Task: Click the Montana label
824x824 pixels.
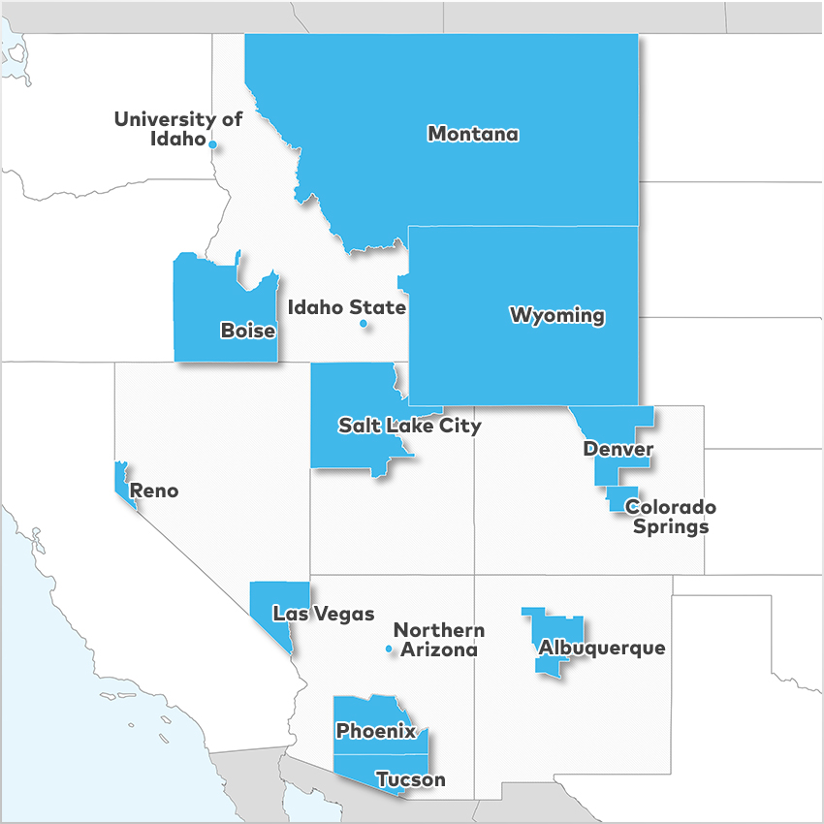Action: [x=473, y=134]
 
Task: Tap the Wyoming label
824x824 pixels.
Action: [x=557, y=315]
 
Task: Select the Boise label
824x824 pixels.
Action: [x=248, y=331]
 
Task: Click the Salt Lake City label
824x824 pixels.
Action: [x=409, y=425]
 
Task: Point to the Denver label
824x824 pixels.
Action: [x=618, y=449]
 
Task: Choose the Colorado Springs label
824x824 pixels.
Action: [x=670, y=517]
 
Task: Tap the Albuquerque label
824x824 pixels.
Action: [x=602, y=648]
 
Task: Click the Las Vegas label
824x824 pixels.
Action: [x=323, y=613]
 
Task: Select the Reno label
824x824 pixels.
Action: [x=154, y=491]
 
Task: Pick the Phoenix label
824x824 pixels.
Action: [x=376, y=731]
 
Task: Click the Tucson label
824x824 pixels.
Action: [x=410, y=779]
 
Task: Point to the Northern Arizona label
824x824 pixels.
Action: [x=438, y=640]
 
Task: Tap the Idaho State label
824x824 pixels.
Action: [x=347, y=307]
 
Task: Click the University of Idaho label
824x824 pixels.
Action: [x=177, y=128]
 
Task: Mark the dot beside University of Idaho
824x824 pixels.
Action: [x=212, y=144]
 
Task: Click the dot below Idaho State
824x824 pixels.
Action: [x=364, y=324]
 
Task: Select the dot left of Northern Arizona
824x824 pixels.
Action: [x=389, y=649]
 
